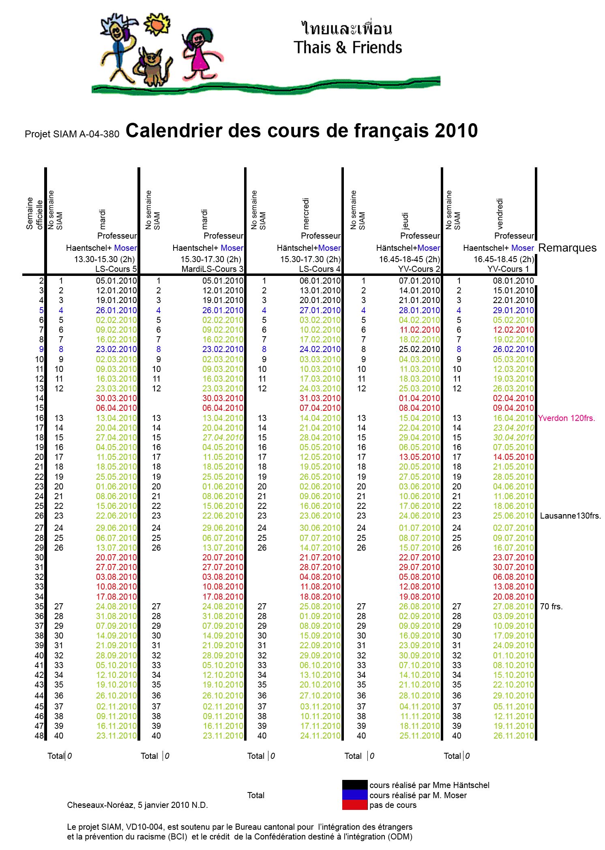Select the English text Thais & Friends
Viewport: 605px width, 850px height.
[348, 48]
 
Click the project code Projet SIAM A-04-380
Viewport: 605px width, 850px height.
[72, 134]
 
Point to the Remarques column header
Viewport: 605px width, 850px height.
[567, 248]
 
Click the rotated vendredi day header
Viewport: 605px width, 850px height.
[500, 214]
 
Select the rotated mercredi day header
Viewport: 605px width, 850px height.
[306, 213]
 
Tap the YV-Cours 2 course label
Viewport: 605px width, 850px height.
[419, 269]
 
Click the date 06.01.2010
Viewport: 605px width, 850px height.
[320, 281]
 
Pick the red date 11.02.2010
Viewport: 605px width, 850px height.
[419, 330]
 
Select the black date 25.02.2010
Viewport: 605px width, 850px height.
[419, 349]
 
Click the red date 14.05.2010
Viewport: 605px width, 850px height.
[513, 457]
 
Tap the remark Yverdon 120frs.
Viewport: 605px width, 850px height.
[566, 418]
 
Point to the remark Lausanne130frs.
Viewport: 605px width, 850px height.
[570, 516]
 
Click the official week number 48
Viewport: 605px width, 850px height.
[39, 736]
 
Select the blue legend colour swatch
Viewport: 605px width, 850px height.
[354, 795]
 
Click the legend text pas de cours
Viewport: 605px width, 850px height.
[393, 805]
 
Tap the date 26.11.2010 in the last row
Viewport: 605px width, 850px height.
[513, 736]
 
